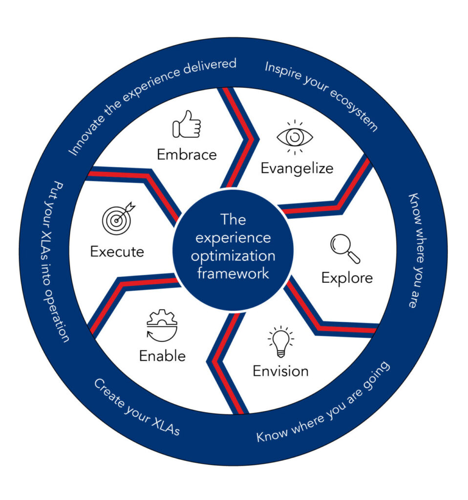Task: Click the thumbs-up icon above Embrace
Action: [x=186, y=124]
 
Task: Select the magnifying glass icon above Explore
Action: [x=345, y=249]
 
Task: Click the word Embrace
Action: [x=187, y=154]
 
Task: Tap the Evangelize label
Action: [x=297, y=168]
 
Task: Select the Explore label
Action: [x=347, y=278]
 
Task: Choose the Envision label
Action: [x=280, y=371]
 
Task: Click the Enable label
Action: [x=163, y=355]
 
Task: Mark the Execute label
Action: [x=117, y=252]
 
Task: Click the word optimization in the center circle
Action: [x=233, y=255]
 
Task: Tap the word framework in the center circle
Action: [x=233, y=273]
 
